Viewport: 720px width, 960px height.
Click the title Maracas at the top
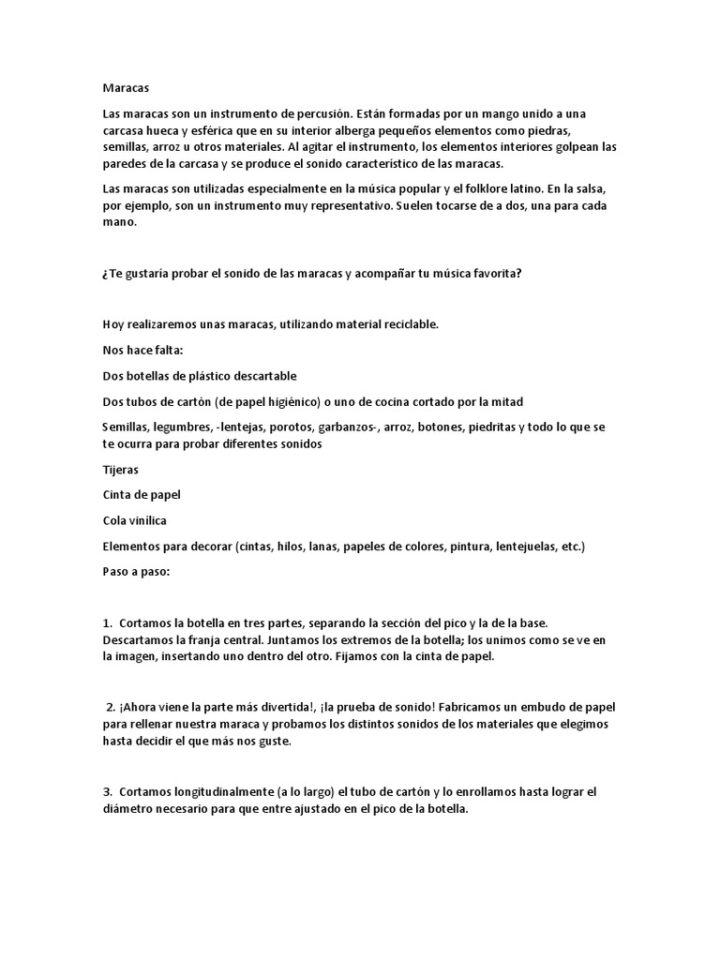tap(125, 87)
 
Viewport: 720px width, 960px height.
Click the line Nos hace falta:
tap(143, 350)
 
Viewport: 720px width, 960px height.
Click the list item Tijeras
tap(120, 469)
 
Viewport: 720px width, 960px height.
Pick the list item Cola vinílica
tap(135, 520)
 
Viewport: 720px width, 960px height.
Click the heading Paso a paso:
tap(136, 572)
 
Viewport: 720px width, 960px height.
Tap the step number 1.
tap(107, 623)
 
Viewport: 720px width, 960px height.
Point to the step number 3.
tap(107, 792)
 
